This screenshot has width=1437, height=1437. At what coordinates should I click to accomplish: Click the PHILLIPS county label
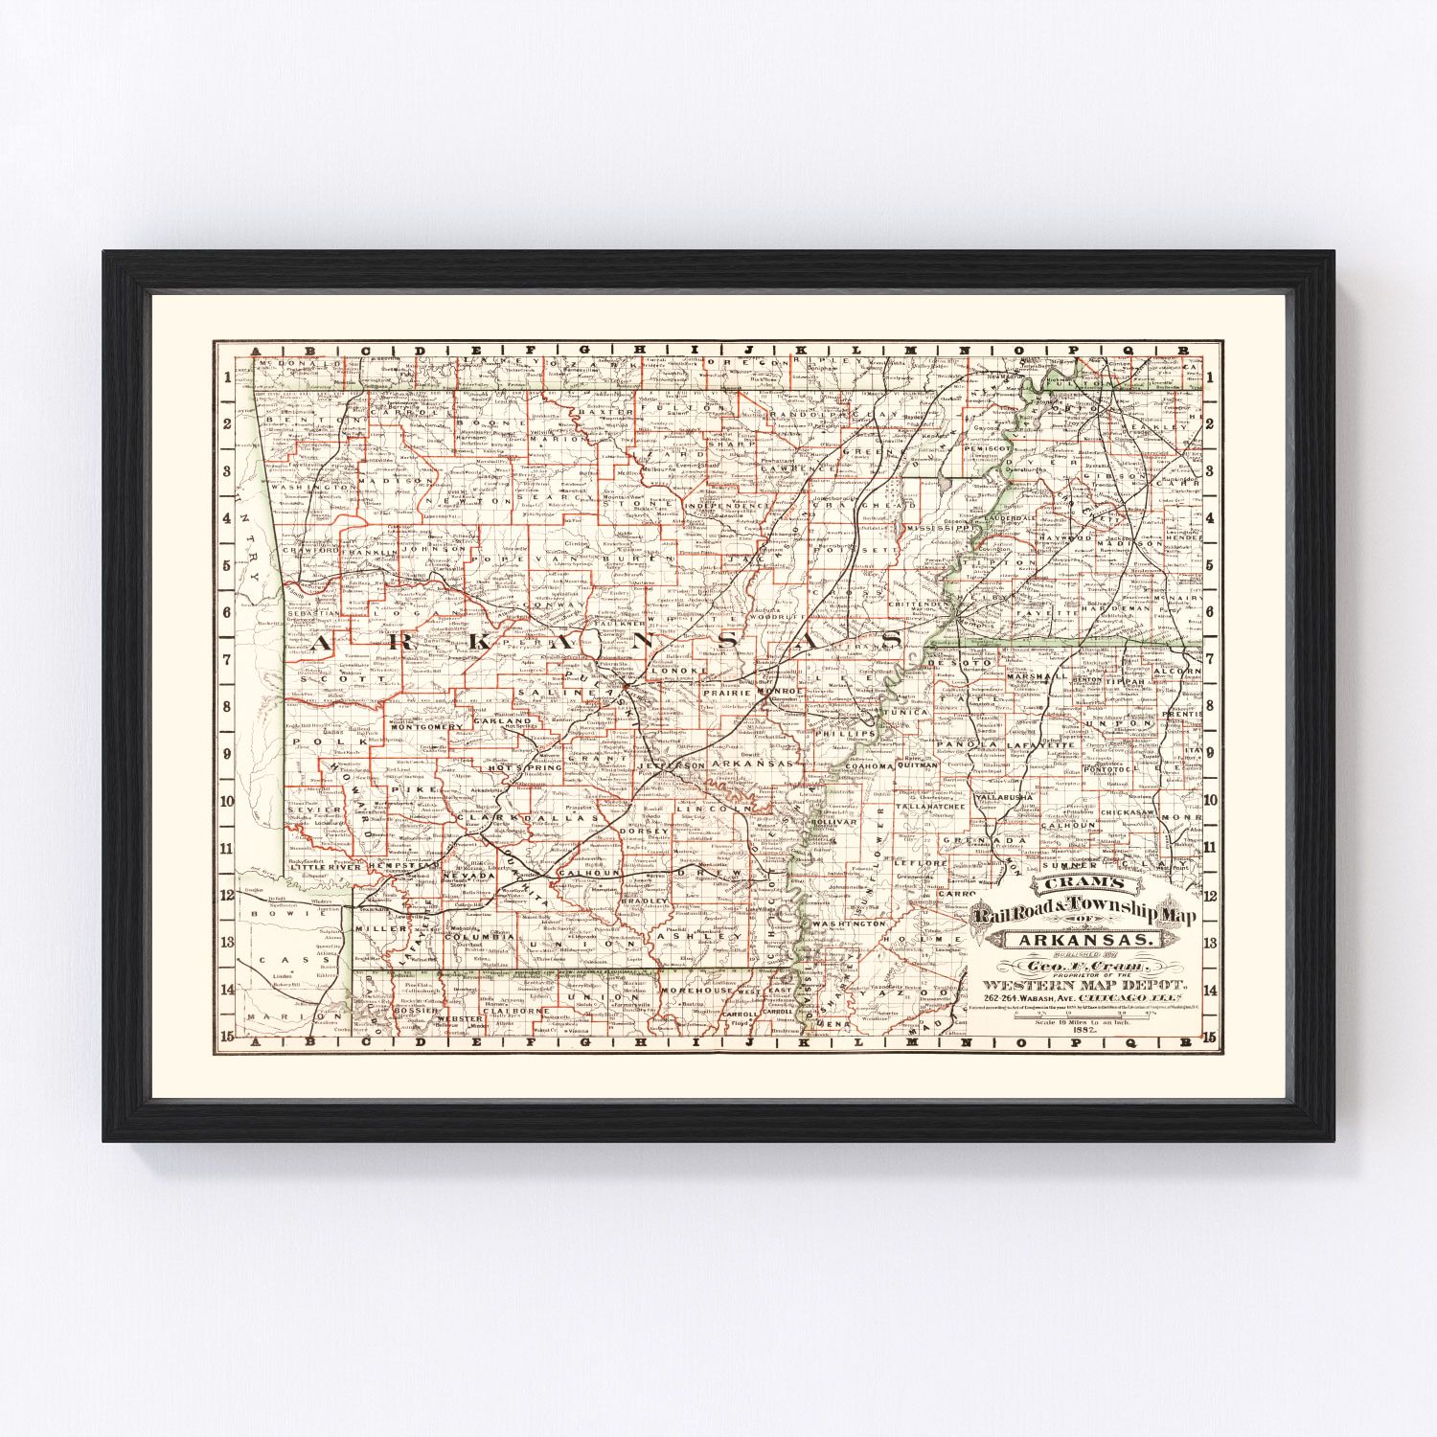point(844,733)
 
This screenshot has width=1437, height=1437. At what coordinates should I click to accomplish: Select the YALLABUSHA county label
point(1004,797)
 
